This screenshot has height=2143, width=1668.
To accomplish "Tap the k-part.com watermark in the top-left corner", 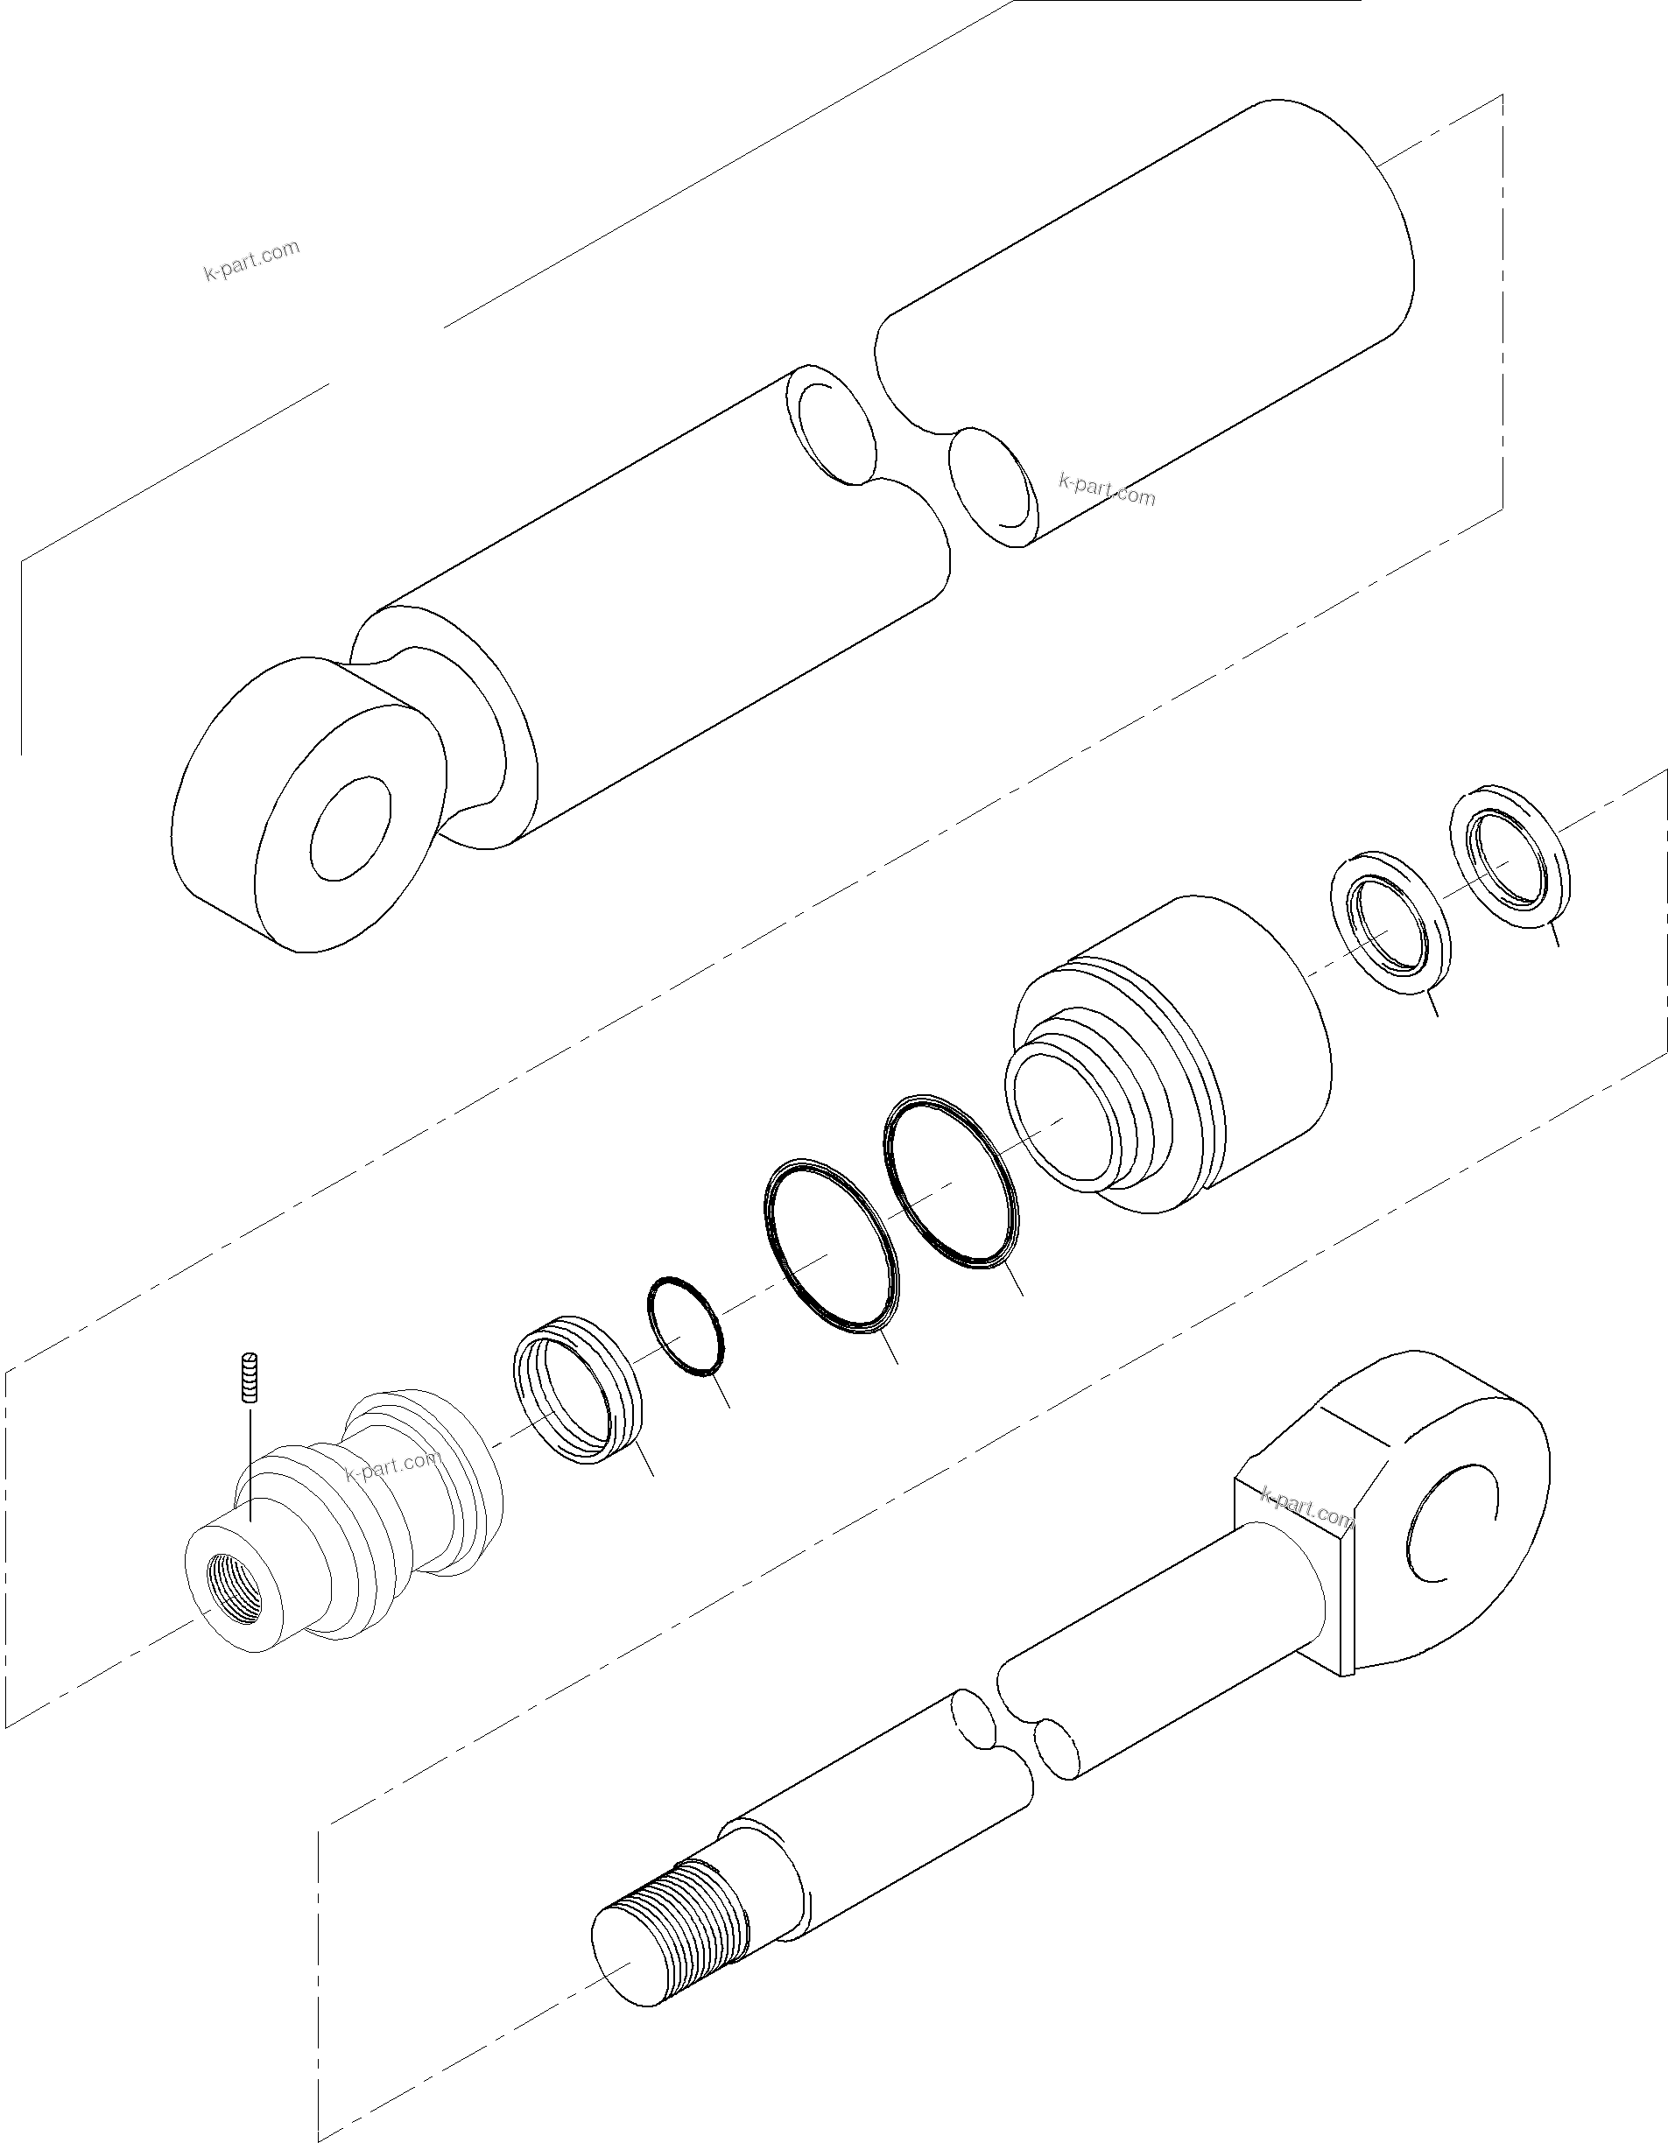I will click(x=251, y=260).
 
